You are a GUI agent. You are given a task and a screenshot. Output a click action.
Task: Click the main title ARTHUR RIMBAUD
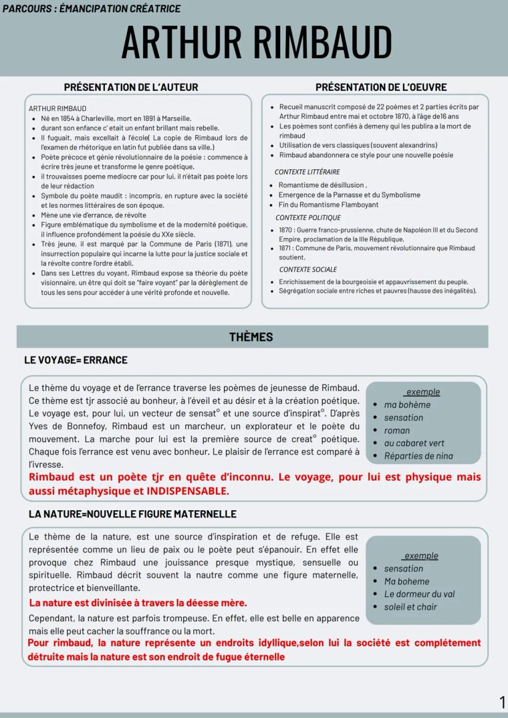pos(256,43)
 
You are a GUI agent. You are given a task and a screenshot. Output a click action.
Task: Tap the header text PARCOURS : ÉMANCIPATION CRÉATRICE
pos(91,9)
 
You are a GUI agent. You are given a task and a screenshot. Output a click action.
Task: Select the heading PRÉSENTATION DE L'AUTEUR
pos(131,87)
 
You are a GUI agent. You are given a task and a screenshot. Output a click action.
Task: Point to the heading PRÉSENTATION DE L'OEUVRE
pos(381,87)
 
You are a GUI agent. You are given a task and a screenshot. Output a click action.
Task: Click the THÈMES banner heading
pos(251,337)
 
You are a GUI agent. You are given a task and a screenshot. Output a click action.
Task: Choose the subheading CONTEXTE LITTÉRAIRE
pos(307,172)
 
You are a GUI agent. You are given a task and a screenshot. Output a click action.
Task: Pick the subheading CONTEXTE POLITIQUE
pos(308,218)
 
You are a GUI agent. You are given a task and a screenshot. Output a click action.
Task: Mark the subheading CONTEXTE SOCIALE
pos(307,269)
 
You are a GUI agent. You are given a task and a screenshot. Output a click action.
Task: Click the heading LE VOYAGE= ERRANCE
pos(75,360)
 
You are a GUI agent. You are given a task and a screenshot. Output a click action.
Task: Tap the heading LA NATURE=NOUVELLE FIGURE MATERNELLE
pos(132,514)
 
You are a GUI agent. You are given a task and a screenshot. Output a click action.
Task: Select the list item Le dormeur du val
pos(419,594)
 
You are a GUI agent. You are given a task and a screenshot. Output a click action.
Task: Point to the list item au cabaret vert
pos(414,443)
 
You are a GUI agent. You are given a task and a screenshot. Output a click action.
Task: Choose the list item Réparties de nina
pos(418,456)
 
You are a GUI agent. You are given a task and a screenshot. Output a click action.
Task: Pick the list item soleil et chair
pos(410,606)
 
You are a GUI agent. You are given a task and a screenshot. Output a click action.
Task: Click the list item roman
pos(397,430)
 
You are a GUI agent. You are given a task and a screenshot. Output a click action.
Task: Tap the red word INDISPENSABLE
pos(187,491)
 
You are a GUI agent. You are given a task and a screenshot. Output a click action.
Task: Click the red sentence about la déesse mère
pos(138,603)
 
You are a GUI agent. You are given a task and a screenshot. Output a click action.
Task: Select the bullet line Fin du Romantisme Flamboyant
pos(328,205)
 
